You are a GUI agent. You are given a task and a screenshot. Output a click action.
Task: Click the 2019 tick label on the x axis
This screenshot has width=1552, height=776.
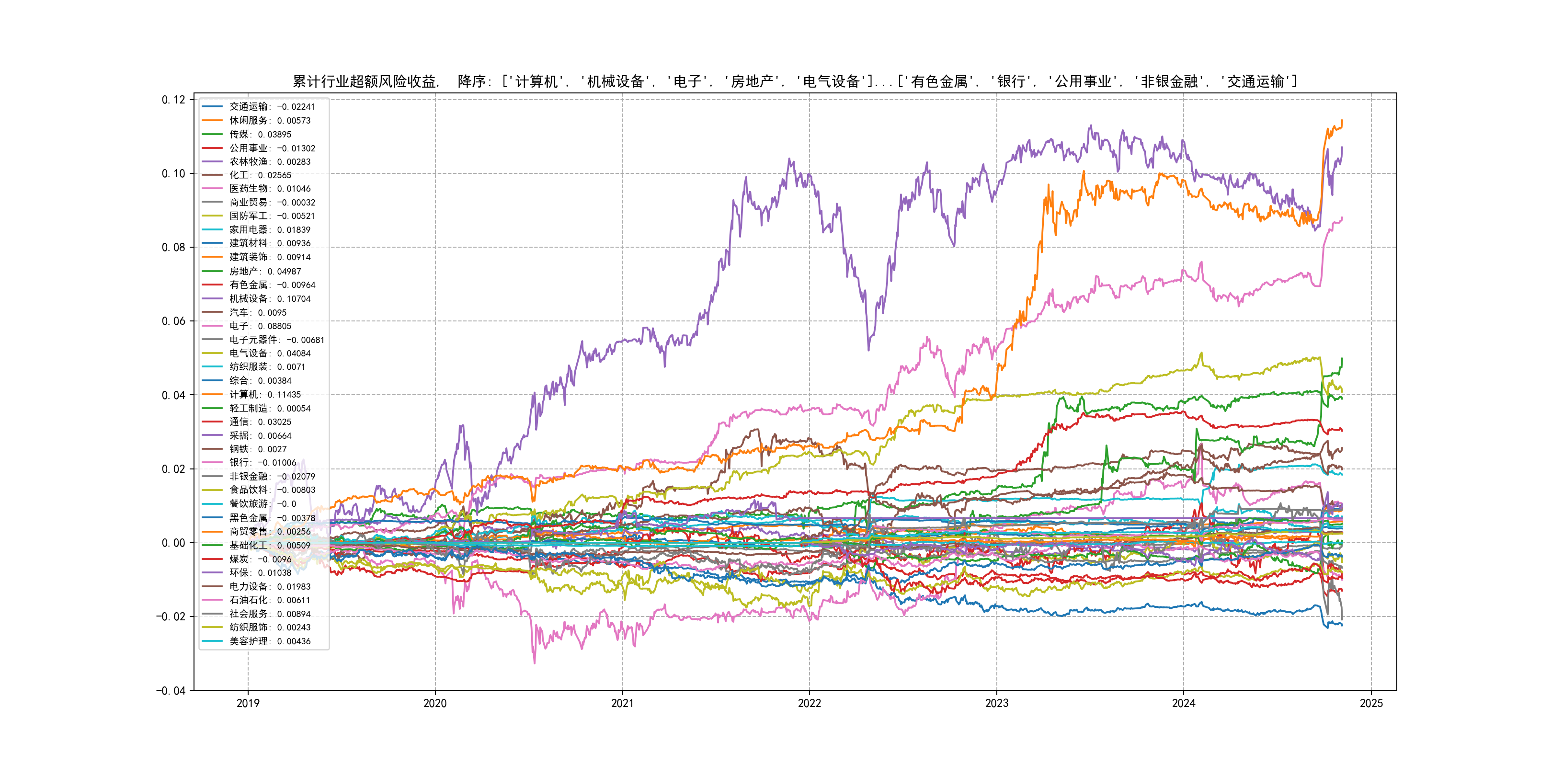(248, 703)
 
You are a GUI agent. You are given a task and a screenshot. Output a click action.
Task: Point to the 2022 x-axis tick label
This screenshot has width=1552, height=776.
(809, 703)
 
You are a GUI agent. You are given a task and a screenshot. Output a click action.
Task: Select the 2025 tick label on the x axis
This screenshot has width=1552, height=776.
(1371, 703)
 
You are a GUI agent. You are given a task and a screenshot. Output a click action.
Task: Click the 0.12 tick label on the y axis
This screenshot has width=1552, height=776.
(173, 100)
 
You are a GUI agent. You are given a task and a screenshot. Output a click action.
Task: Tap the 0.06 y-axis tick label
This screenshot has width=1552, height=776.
(173, 321)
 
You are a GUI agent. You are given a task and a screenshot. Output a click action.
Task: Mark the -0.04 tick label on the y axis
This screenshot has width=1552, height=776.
(171, 690)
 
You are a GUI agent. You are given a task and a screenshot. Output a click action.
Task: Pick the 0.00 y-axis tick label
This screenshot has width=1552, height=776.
(173, 543)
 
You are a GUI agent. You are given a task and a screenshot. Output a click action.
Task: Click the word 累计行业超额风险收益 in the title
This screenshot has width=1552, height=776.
(365, 81)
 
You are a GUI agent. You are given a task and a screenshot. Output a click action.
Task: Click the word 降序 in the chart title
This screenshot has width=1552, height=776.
(472, 81)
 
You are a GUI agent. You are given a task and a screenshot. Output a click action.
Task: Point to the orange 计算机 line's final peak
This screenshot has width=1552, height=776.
(1342, 121)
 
